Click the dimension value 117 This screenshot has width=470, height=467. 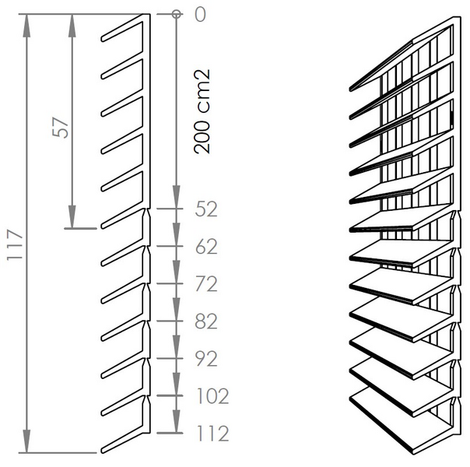(x=15, y=244)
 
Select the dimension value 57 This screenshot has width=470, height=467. (x=60, y=128)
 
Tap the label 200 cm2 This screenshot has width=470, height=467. (x=202, y=111)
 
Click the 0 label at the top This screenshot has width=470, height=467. (x=200, y=14)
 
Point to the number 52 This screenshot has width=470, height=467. (x=206, y=209)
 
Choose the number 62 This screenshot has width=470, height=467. (x=206, y=247)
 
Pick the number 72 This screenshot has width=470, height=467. (x=206, y=284)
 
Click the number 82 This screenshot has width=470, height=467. (x=206, y=321)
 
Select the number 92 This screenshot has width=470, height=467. (x=206, y=359)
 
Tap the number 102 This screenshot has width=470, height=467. (x=212, y=396)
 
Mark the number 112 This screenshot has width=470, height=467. (x=212, y=434)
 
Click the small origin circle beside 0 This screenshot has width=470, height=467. (x=176, y=14)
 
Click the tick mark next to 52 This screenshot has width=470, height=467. (x=170, y=209)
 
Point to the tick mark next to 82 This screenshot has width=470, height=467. (x=170, y=321)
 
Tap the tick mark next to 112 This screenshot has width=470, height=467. (x=170, y=433)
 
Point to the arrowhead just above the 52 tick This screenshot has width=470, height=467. (x=176, y=197)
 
